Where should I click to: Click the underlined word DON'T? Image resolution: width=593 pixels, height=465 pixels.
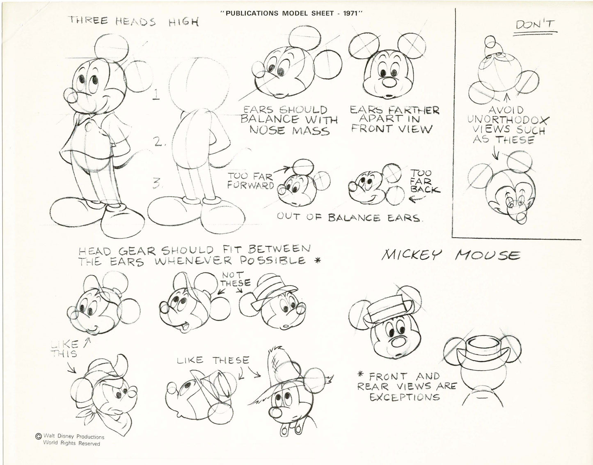(x=535, y=26)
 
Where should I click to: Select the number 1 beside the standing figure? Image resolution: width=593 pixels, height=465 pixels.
(x=156, y=95)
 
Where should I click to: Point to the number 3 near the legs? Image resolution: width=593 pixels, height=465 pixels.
(x=156, y=184)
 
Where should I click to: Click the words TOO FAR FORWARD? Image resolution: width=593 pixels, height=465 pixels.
(x=251, y=181)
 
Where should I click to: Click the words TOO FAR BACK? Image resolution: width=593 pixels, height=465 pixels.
(x=424, y=181)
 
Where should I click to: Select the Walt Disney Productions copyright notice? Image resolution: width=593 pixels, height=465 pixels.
(x=70, y=440)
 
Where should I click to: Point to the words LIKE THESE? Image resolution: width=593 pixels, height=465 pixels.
(x=213, y=360)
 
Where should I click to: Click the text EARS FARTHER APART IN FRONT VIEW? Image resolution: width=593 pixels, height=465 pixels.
(x=394, y=119)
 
